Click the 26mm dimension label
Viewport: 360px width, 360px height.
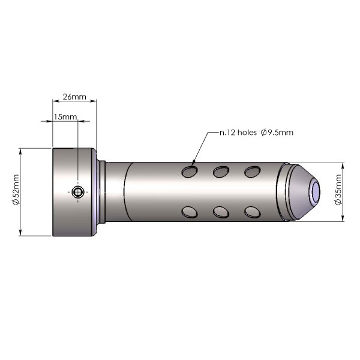coord(74,97)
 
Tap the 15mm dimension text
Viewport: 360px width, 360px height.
coord(65,117)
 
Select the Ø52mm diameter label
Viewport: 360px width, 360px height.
coord(16,190)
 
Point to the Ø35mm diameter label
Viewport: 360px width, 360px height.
coord(338,190)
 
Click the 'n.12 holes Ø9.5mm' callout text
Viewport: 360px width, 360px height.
coord(256,133)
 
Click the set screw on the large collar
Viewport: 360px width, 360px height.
coord(78,192)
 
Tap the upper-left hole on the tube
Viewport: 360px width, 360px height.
coord(190,172)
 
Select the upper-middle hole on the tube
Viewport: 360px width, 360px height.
coord(221,172)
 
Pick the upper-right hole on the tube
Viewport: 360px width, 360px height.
coord(253,172)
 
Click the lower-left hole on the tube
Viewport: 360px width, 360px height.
coord(190,212)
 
